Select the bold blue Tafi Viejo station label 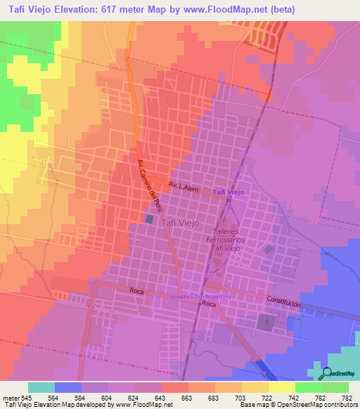click(229, 192)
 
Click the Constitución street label click(283, 303)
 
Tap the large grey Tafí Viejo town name click(182, 222)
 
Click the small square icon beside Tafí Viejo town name click(149, 220)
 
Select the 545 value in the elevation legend click(25, 397)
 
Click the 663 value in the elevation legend click(185, 397)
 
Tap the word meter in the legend click(9, 397)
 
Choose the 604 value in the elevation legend click(105, 397)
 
